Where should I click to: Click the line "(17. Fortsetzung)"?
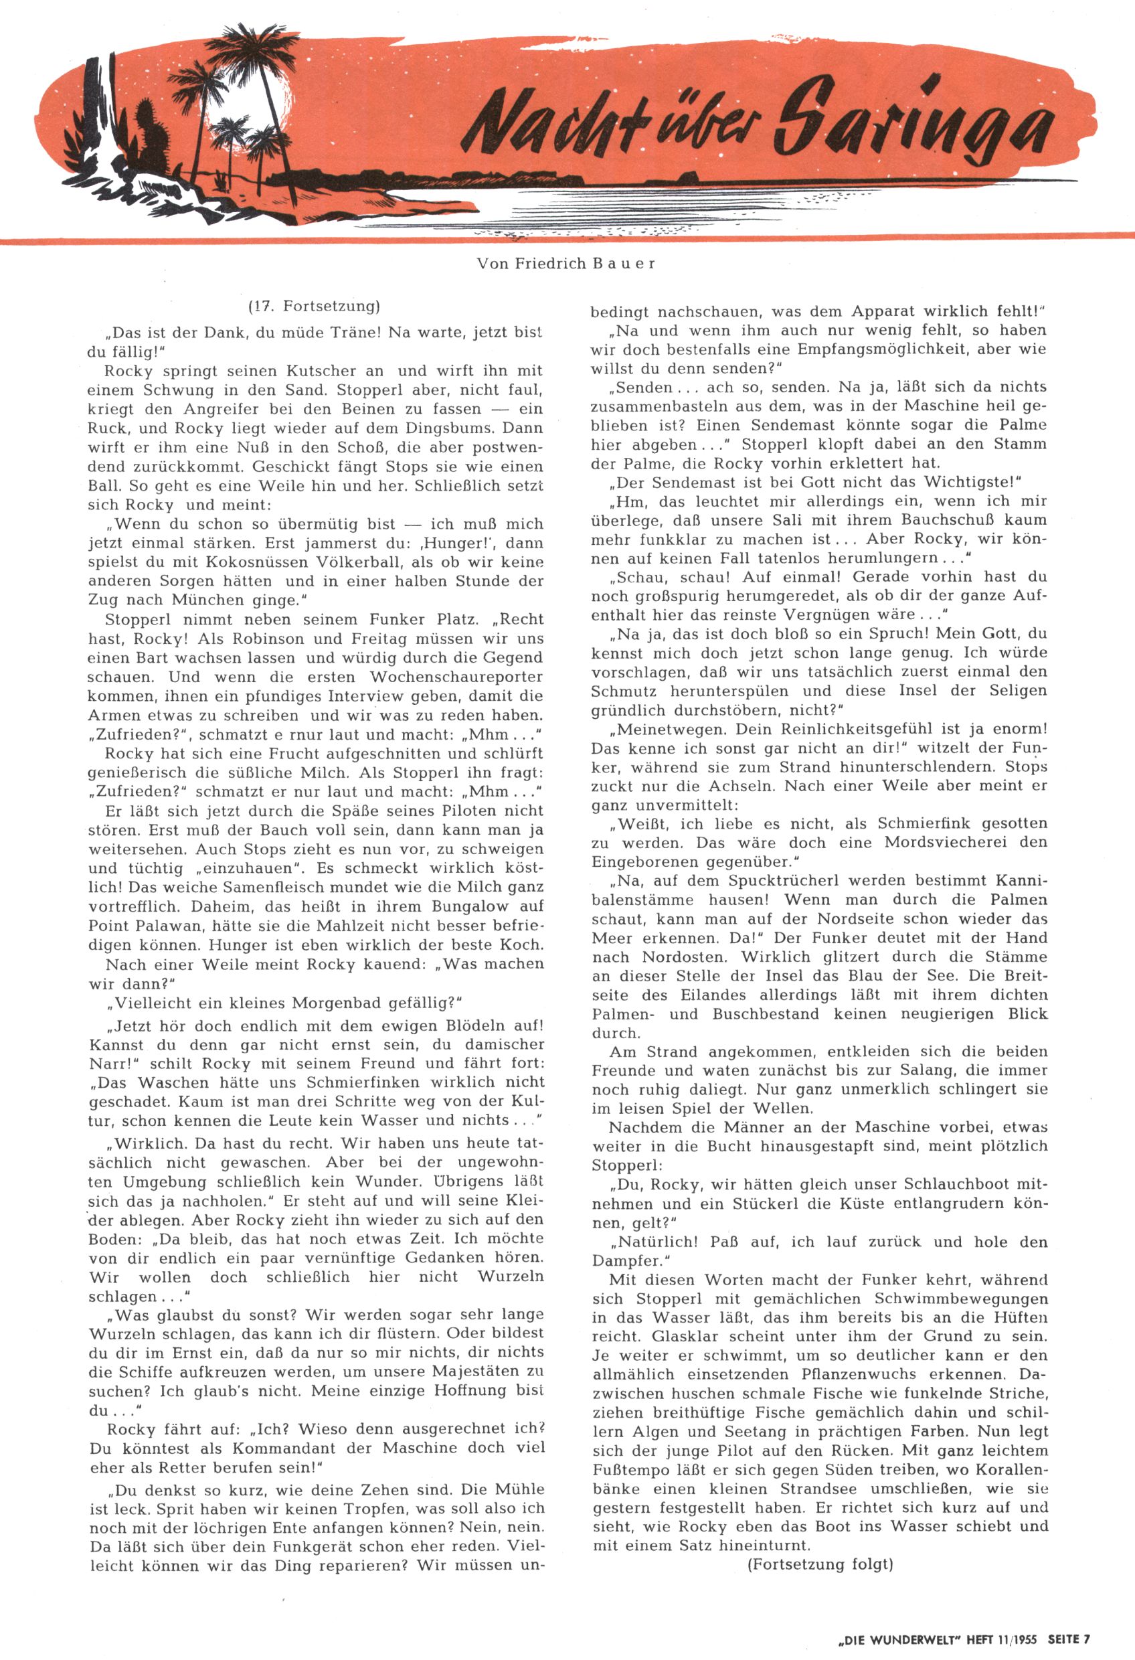pyautogui.click(x=315, y=307)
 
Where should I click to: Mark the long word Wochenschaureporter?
pyautogui.click(x=456, y=677)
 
